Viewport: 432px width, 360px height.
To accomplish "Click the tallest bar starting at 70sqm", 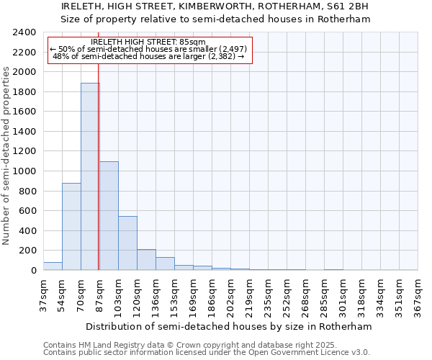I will (90, 176).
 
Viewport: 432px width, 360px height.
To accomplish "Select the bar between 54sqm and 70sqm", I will (71, 226).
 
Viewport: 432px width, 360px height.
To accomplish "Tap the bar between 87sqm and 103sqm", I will (109, 215).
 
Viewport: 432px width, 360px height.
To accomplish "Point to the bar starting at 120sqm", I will (146, 259).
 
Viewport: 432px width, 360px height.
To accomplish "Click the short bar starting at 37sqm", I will (53, 266).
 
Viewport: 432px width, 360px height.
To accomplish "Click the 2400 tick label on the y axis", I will (24, 32).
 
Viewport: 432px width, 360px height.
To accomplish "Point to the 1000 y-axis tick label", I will (24, 171).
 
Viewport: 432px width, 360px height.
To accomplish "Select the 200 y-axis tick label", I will (27, 251).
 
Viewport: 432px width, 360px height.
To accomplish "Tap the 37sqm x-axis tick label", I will (43, 294).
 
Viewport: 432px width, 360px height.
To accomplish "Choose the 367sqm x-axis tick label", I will (418, 294).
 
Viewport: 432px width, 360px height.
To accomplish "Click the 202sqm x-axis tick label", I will (230, 294).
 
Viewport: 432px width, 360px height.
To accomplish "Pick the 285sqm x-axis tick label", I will (325, 294).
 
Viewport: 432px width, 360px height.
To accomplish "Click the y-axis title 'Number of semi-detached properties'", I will (6, 156).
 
